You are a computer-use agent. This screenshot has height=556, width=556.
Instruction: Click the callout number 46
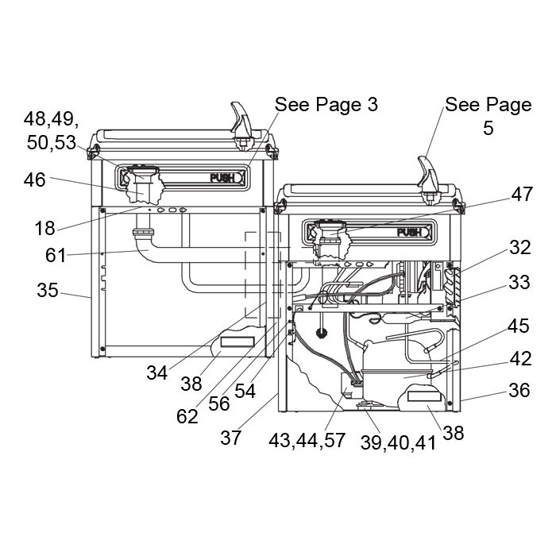pyautogui.click(x=35, y=180)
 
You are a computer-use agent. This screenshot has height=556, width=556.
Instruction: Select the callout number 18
pyautogui.click(x=44, y=228)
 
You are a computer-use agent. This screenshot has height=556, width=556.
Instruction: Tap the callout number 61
pyautogui.click(x=56, y=255)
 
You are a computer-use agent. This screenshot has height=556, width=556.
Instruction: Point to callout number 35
pyautogui.click(x=48, y=290)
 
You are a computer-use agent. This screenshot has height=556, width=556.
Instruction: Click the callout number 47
pyautogui.click(x=522, y=194)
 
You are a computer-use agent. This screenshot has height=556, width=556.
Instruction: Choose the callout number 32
pyautogui.click(x=520, y=247)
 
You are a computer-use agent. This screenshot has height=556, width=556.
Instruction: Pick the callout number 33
pyautogui.click(x=519, y=282)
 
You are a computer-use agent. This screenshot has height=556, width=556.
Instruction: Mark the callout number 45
pyautogui.click(x=519, y=326)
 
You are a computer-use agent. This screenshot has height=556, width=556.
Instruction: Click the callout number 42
pyautogui.click(x=521, y=358)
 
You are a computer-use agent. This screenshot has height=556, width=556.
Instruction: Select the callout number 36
pyautogui.click(x=519, y=390)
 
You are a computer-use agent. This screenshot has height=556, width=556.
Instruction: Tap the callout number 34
pyautogui.click(x=157, y=373)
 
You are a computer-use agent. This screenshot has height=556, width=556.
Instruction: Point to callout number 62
pyautogui.click(x=187, y=416)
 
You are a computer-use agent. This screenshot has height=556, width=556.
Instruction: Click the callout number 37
pyautogui.click(x=231, y=438)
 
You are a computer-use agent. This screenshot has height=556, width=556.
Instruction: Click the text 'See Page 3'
pyautogui.click(x=326, y=104)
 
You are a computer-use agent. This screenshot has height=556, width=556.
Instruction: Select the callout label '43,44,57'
pyautogui.click(x=307, y=441)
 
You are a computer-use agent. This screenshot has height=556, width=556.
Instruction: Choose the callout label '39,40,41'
pyautogui.click(x=398, y=443)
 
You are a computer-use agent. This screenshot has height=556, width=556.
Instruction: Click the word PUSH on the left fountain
pyautogui.click(x=222, y=178)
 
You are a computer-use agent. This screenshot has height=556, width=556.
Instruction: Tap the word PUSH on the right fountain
pyautogui.click(x=409, y=232)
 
